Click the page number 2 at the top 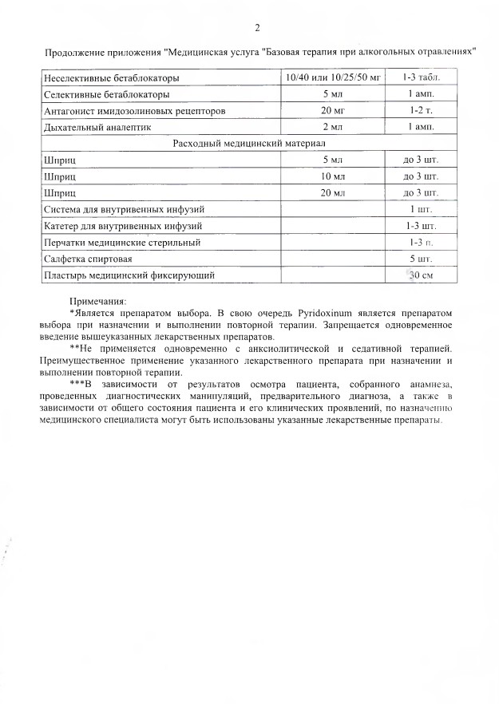coord(257,29)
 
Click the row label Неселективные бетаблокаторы coord(111,78)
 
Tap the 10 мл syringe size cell coord(333,176)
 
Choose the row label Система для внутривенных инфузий coord(125,209)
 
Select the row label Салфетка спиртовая coord(88,259)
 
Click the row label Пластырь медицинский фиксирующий coord(129,275)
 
